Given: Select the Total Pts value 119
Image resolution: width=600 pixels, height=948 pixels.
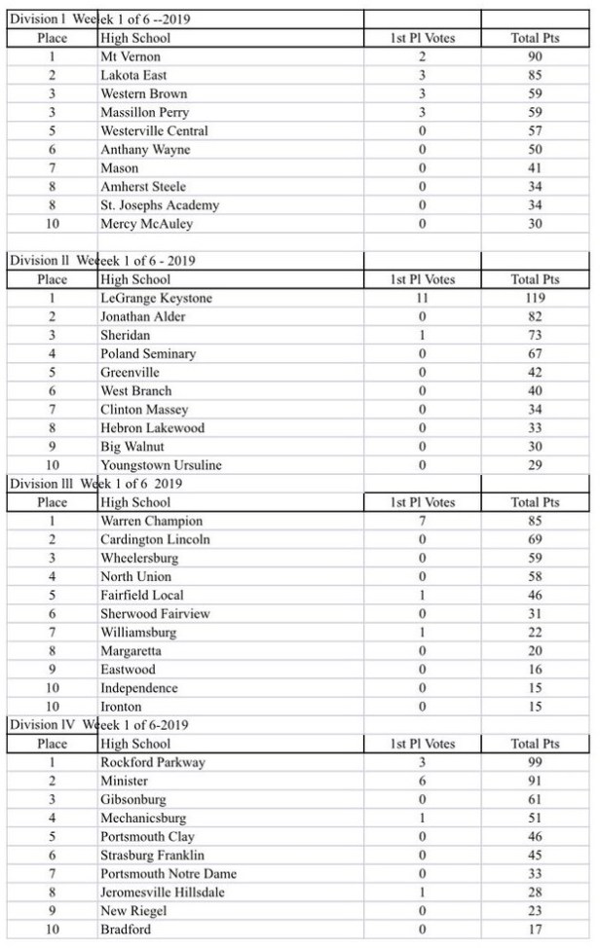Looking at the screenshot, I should pyautogui.click(x=535, y=299).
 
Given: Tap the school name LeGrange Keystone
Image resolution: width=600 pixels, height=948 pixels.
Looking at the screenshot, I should pyautogui.click(x=156, y=299).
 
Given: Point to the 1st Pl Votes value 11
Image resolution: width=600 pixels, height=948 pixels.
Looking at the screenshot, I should pyautogui.click(x=422, y=299).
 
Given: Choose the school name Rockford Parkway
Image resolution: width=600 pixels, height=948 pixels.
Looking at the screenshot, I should pyautogui.click(x=153, y=762).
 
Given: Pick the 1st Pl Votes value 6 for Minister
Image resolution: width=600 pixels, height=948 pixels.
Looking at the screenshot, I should pyautogui.click(x=422, y=781).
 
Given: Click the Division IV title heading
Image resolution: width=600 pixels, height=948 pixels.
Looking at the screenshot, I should pyautogui.click(x=98, y=725).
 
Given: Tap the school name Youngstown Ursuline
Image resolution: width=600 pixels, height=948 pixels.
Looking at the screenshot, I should pyautogui.click(x=161, y=465).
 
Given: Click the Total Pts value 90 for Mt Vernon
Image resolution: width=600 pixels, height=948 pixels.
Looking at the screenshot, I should pyautogui.click(x=535, y=57).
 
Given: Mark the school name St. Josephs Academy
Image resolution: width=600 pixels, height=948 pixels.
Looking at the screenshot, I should pyautogui.click(x=160, y=205).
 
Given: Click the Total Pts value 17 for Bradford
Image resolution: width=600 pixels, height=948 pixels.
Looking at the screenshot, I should pyautogui.click(x=535, y=930).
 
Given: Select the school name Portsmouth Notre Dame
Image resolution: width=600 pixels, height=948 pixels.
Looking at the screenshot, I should pyautogui.click(x=169, y=874).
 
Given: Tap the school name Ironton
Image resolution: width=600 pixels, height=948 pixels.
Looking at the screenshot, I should pyautogui.click(x=121, y=707).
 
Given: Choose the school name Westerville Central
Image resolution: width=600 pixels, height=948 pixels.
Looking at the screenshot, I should pyautogui.click(x=154, y=131).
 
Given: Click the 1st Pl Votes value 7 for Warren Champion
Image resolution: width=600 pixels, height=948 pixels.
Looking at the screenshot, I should pyautogui.click(x=422, y=521).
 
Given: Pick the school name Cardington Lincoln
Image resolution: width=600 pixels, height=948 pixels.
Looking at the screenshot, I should pyautogui.click(x=155, y=539).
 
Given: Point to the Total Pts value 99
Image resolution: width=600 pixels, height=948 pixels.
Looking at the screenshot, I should pyautogui.click(x=535, y=762).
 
